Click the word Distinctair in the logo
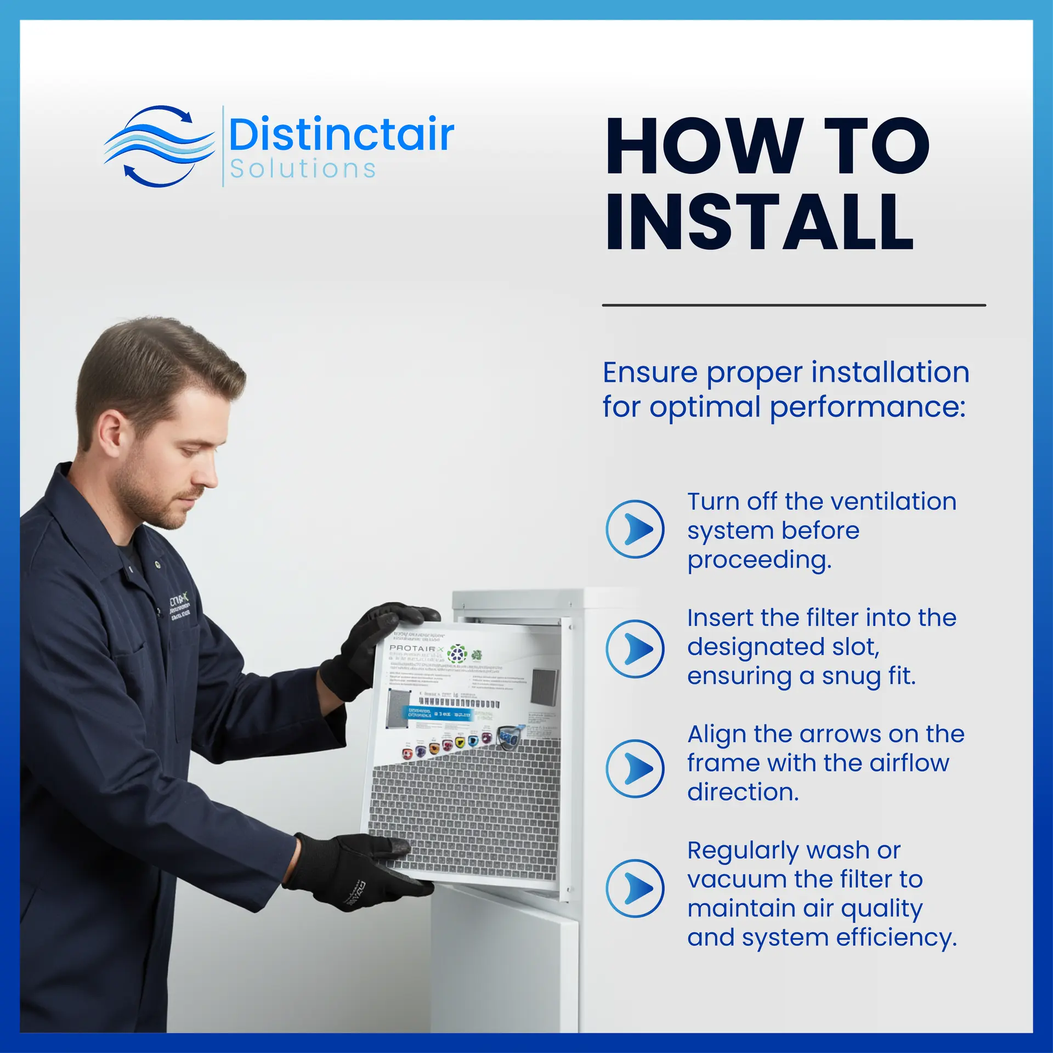(341, 134)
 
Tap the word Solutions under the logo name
(303, 169)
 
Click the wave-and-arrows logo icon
(158, 146)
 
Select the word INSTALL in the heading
(760, 222)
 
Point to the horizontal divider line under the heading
(794, 305)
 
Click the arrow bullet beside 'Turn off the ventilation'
(635, 529)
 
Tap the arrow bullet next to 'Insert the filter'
(635, 649)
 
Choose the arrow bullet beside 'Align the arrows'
(635, 768)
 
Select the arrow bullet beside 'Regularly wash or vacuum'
(635, 888)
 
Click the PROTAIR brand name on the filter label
(412, 648)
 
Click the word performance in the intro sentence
(868, 407)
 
